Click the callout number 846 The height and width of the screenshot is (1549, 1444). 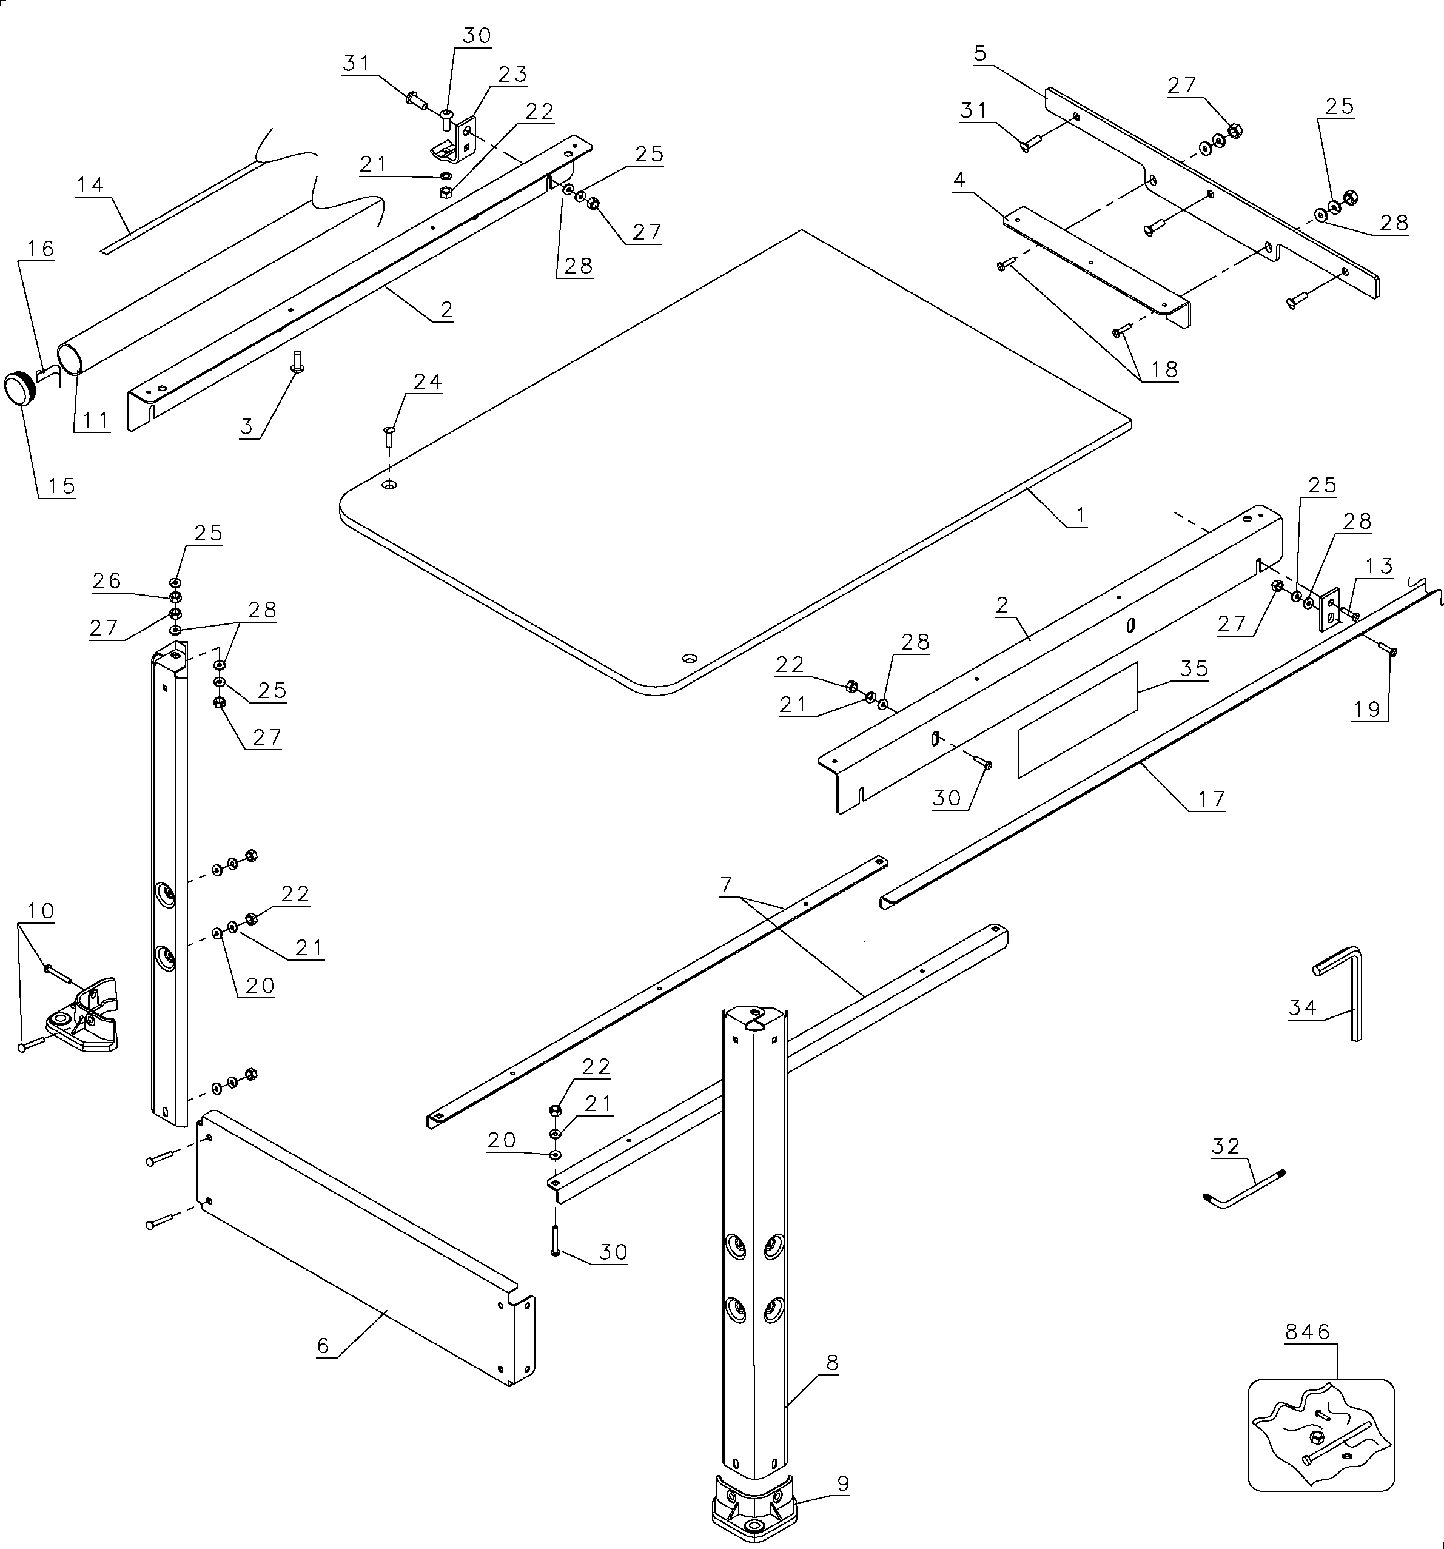point(1308,1332)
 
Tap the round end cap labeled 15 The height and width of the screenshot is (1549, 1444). point(20,389)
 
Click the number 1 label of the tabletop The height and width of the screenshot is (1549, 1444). point(1080,514)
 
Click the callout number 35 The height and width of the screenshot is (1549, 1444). point(1194,668)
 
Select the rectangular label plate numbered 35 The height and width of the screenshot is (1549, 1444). point(1077,720)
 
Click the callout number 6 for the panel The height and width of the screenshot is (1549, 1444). point(323,1346)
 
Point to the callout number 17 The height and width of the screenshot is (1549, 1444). point(1211,799)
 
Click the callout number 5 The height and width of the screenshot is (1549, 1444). point(980,54)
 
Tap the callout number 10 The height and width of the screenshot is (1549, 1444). point(41,911)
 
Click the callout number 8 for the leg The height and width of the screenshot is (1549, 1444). point(832,1363)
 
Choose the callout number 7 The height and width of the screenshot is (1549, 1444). point(727,885)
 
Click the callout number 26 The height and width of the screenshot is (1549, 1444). point(107,580)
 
